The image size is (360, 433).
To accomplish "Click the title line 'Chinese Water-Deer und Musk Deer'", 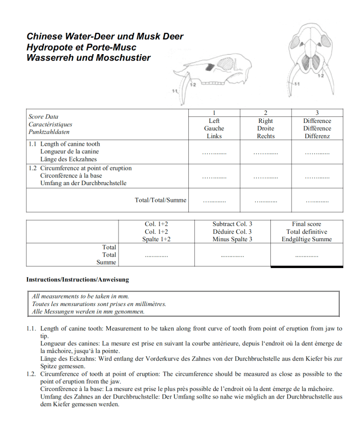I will (x=105, y=36).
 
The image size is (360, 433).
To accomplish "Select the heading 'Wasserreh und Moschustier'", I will (x=89, y=58).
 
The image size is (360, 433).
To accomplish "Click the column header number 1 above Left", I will (x=214, y=112).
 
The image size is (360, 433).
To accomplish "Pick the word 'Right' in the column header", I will (x=265, y=121).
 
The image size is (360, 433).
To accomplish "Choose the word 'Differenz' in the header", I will (x=317, y=136).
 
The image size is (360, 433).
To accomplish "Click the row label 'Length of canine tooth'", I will (x=70, y=144).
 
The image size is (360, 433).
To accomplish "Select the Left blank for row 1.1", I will (x=214, y=152).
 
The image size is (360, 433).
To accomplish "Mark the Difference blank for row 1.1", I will (x=317, y=152).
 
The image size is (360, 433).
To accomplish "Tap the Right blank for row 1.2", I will (x=265, y=177).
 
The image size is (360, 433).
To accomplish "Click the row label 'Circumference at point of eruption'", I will (x=86, y=168).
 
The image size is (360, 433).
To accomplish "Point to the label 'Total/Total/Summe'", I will (x=161, y=200).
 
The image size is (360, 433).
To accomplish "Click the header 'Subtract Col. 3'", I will (x=232, y=224).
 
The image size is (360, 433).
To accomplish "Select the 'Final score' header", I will (x=306, y=224).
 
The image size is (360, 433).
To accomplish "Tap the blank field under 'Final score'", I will (x=306, y=256).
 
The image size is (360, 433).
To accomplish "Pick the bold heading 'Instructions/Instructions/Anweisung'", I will (x=77, y=279).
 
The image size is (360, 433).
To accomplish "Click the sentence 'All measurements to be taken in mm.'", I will (x=81, y=296).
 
